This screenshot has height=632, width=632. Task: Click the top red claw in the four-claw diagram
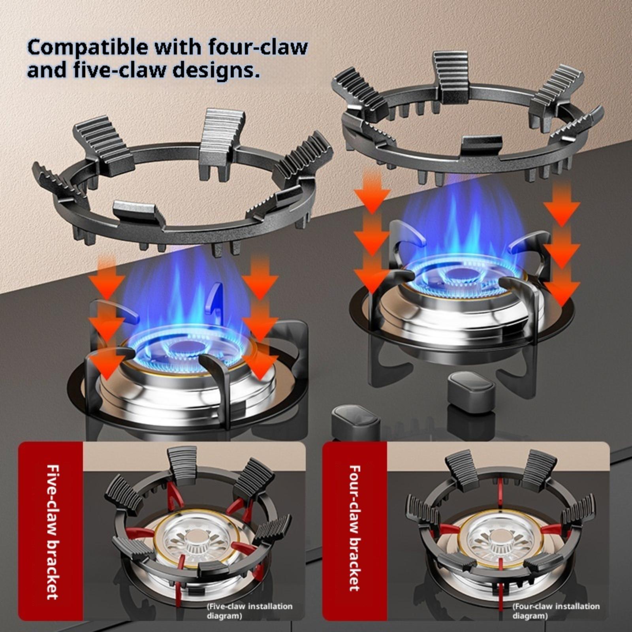501,492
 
